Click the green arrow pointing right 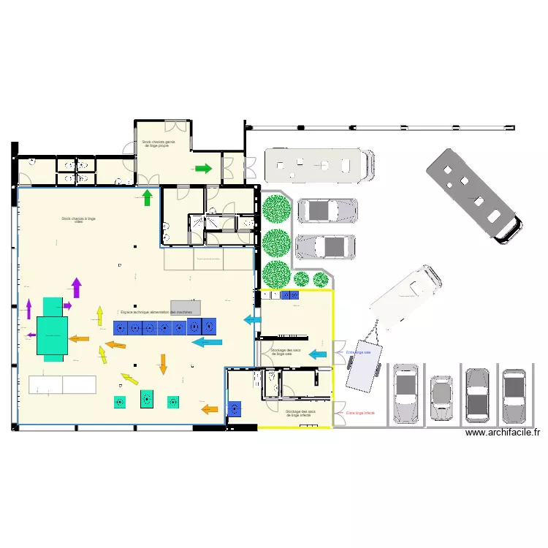[x=203, y=169]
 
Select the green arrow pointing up [x=147, y=197]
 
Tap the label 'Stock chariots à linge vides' [x=79, y=220]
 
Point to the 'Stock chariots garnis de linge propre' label [x=159, y=144]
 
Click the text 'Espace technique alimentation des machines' [x=157, y=312]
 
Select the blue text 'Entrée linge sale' [x=359, y=352]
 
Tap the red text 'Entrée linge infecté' [x=360, y=414]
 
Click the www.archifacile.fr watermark [x=501, y=433]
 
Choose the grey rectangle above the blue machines [x=185, y=307]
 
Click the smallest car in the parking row [x=441, y=397]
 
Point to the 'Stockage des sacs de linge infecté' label [x=301, y=413]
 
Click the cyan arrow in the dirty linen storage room [x=317, y=354]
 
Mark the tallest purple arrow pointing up [x=76, y=287]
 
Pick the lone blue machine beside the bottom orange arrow [x=235, y=409]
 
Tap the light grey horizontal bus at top [x=319, y=166]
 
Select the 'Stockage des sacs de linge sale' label [x=286, y=352]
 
